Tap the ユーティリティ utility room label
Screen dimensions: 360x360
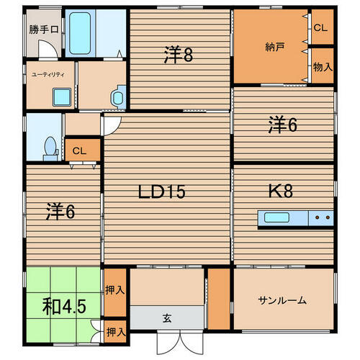click(48, 73)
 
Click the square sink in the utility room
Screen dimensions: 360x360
click(58, 94)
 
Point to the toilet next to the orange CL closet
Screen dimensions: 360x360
click(50, 146)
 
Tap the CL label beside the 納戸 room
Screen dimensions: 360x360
click(321, 27)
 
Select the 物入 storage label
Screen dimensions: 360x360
click(322, 67)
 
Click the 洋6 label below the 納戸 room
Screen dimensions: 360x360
click(283, 125)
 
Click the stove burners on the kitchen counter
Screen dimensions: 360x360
click(322, 217)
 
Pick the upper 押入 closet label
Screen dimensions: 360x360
click(115, 292)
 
